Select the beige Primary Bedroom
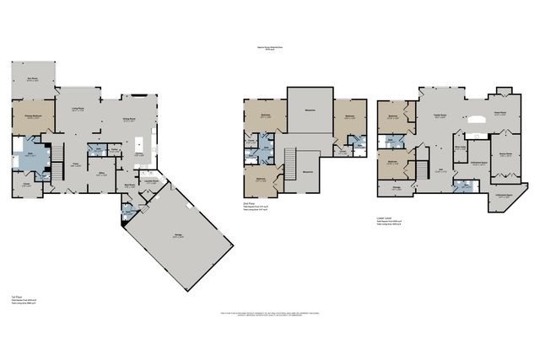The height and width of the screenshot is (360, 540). [x=33, y=118]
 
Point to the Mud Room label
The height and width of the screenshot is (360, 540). [x=131, y=185]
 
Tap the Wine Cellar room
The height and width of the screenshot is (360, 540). [x=461, y=148]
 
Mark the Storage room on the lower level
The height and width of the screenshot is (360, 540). [x=396, y=189]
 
